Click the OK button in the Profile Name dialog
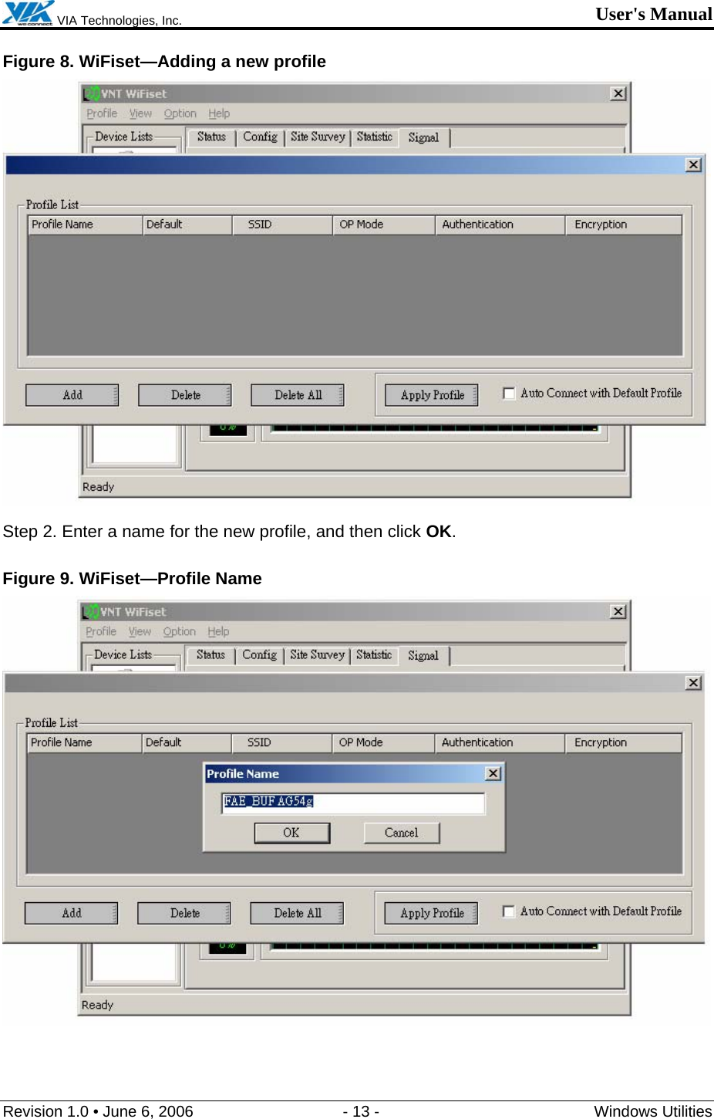[x=291, y=833]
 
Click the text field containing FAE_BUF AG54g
[x=353, y=802]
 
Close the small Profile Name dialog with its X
[x=493, y=773]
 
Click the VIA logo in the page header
[x=28, y=13]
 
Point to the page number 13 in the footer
[x=361, y=1111]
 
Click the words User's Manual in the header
[x=653, y=14]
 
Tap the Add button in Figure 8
[x=72, y=395]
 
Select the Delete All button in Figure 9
[x=297, y=913]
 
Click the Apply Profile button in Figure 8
[x=432, y=395]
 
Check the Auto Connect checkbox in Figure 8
[x=509, y=394]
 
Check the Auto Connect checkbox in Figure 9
[x=508, y=911]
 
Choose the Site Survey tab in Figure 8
[x=318, y=137]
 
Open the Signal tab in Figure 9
[x=423, y=655]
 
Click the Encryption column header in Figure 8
[x=601, y=225]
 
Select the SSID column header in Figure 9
[x=259, y=742]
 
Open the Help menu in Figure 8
[x=219, y=113]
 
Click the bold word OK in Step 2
[x=438, y=532]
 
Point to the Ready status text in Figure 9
[x=97, y=1005]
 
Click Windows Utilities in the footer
[x=652, y=1111]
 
